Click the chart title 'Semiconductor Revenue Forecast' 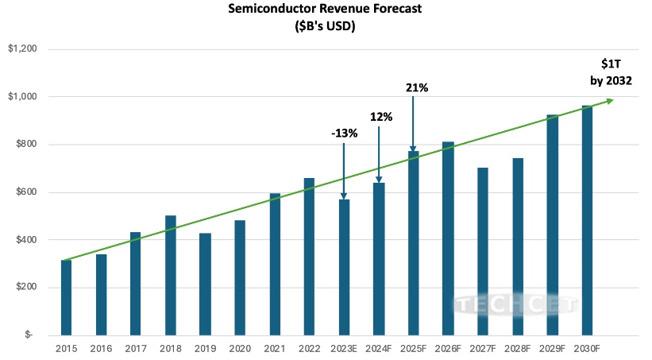[x=326, y=10]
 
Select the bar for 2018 [x=170, y=275]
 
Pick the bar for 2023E [x=344, y=267]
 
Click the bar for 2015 [x=66, y=297]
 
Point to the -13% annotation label [x=345, y=133]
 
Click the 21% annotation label [x=416, y=87]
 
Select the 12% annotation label [x=380, y=116]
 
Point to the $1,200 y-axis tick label [x=23, y=49]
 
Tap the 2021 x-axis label [x=275, y=348]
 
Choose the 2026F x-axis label [x=448, y=348]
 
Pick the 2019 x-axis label [x=205, y=348]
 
